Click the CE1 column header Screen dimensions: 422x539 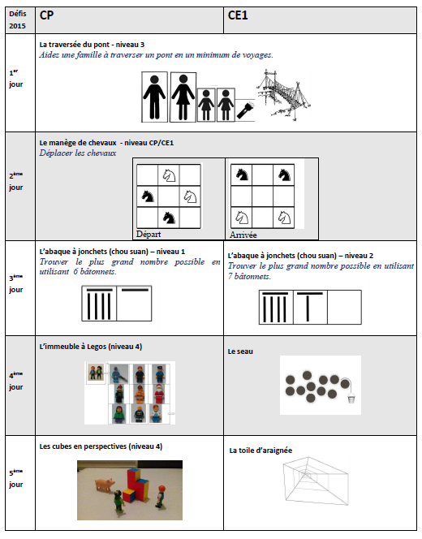pos(238,15)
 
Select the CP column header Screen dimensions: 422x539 pos(46,15)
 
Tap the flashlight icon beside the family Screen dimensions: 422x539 pos(244,110)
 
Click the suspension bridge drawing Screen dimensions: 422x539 pos(283,94)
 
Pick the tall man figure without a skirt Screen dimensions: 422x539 pos(154,97)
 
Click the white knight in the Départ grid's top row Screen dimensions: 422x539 pos(169,175)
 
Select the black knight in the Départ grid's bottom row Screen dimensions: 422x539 pos(169,218)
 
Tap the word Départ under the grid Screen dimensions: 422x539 pos(149,234)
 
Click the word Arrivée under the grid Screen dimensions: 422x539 pos(243,235)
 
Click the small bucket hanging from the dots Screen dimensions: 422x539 pos(351,399)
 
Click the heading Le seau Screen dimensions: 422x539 pos(240,351)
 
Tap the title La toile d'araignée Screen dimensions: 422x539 pos(261,451)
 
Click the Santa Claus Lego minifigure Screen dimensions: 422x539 pos(158,394)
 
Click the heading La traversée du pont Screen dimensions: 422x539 pos(75,45)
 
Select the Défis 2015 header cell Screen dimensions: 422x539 pos(18,20)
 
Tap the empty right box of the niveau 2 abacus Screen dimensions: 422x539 pos(344,308)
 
